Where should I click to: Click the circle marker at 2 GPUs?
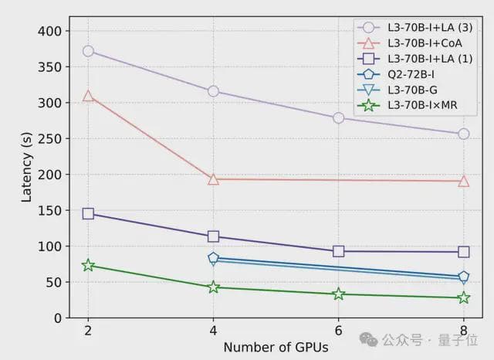pyautogui.click(x=88, y=51)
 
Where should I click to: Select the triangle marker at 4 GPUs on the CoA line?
pyautogui.click(x=213, y=179)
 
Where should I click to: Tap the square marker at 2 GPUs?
pyautogui.click(x=88, y=213)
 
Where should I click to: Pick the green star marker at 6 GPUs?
pyautogui.click(x=338, y=294)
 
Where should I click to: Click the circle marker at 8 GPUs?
pyautogui.click(x=463, y=134)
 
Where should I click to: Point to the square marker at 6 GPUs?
pyautogui.click(x=338, y=251)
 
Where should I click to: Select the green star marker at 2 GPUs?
pyautogui.click(x=88, y=265)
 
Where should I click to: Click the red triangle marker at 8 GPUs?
pyautogui.click(x=463, y=181)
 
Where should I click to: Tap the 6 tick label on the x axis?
pyautogui.click(x=338, y=331)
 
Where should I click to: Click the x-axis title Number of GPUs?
pyautogui.click(x=276, y=348)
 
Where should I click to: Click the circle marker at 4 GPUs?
pyautogui.click(x=213, y=91)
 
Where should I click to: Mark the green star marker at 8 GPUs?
pyautogui.click(x=463, y=297)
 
